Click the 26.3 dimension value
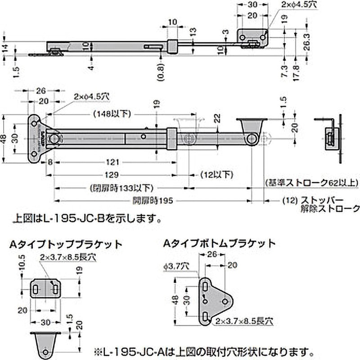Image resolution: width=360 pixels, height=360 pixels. (306, 40)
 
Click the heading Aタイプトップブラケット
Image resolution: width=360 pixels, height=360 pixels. (66, 244)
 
